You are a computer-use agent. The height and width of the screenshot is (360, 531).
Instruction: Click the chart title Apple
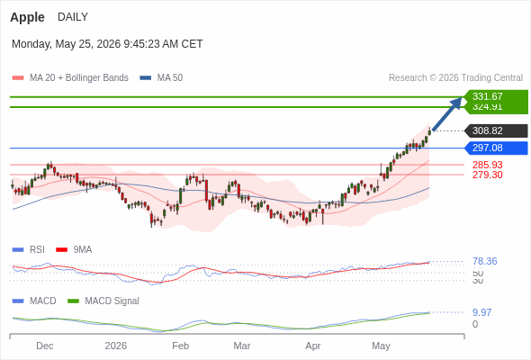(27, 17)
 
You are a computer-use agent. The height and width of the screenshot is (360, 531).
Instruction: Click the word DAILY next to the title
(73, 17)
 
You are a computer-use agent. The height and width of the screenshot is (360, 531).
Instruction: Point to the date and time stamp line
(107, 44)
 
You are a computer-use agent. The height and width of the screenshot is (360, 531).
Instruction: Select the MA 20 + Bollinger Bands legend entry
(70, 78)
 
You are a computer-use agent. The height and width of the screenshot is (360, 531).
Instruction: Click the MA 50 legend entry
(161, 78)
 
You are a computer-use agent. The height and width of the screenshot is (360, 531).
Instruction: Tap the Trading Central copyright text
(455, 78)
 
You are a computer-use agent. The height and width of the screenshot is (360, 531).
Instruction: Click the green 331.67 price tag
(496, 96)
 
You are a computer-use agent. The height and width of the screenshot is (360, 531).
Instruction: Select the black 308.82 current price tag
(496, 130)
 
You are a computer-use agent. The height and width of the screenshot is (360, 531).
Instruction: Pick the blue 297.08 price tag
(496, 148)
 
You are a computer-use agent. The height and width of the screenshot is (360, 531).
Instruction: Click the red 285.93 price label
(488, 165)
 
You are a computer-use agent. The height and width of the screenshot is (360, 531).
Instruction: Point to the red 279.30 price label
(488, 175)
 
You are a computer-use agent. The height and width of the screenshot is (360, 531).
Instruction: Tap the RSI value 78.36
(485, 261)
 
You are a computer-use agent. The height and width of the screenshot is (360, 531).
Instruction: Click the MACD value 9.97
(481, 312)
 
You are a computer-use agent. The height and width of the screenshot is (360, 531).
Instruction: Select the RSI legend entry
(29, 250)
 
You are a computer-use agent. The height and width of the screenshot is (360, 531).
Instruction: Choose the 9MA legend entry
(74, 250)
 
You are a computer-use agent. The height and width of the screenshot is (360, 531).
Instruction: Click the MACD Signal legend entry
(103, 301)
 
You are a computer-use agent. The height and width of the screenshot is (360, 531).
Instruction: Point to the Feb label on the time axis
(181, 346)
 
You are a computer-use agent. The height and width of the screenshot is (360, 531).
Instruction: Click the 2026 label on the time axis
(116, 346)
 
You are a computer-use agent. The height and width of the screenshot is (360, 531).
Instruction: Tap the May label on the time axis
(381, 346)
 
